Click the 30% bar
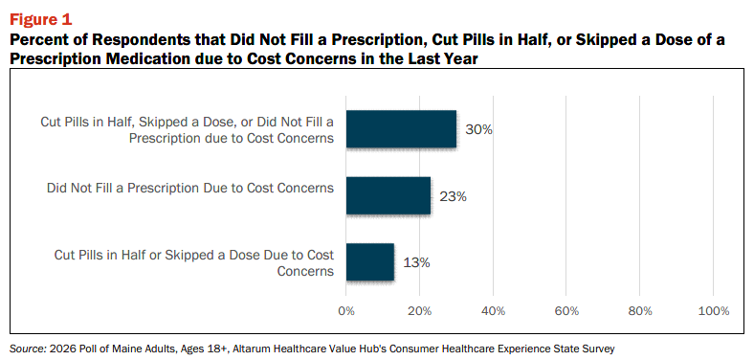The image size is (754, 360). tap(401, 129)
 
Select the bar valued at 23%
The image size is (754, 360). tap(388, 195)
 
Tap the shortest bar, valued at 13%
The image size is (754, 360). tap(369, 261)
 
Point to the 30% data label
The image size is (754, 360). tap(478, 130)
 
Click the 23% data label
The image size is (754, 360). tap(453, 196)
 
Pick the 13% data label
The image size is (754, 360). tap(416, 262)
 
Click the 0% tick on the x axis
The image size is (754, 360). tap(346, 311)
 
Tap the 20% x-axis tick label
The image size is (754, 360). tap(420, 311)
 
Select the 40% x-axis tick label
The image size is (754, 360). tap(493, 311)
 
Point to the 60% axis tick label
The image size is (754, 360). tap(566, 311)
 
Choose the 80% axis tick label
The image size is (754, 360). tap(639, 311)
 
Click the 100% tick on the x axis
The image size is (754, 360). tap(714, 311)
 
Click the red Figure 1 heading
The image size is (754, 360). tap(40, 20)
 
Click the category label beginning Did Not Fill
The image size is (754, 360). tap(190, 188)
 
